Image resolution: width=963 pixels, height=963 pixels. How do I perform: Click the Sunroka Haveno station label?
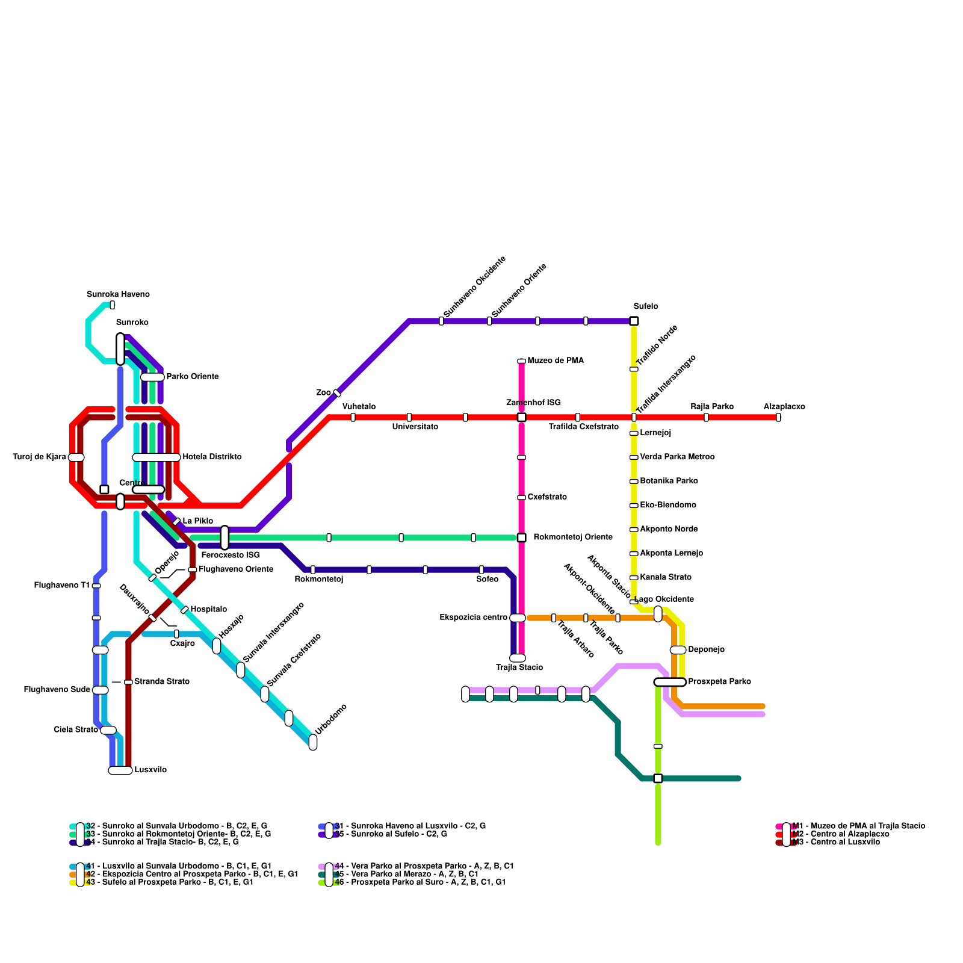coord(118,294)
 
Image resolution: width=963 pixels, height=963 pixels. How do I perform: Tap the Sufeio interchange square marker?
coord(634,321)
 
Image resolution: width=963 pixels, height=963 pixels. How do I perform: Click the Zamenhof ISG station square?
coord(521,417)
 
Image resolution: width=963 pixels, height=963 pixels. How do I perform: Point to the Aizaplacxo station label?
coord(784,407)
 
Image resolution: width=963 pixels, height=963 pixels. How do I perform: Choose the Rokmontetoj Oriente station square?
coord(521,537)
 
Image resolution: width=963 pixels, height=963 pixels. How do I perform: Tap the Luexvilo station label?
coord(150,770)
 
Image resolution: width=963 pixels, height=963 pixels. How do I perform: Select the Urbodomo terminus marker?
coord(313,742)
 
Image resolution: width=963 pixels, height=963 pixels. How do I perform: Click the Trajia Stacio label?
coord(519,667)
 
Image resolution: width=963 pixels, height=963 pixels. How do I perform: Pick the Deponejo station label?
coord(706,649)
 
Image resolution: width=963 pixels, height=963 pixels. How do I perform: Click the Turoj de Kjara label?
coord(40,457)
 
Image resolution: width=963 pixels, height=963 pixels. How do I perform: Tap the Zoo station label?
coord(323,392)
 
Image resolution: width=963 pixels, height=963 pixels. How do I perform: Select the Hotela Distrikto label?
coord(212,457)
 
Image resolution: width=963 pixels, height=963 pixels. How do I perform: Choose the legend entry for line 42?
coord(191,874)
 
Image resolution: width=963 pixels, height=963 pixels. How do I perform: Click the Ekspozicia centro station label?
coord(473,618)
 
